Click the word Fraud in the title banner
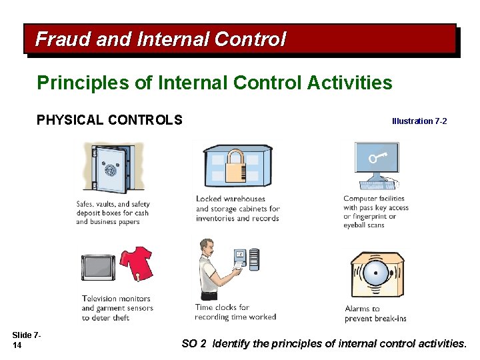(x=63, y=39)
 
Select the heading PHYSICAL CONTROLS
(x=109, y=121)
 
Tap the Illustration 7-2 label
(x=419, y=121)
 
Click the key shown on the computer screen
(x=377, y=159)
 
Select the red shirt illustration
(x=136, y=264)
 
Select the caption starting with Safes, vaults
(x=113, y=213)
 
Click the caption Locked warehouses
(x=237, y=209)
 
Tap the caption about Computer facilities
(x=375, y=212)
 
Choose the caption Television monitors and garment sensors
(x=117, y=308)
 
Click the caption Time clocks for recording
(x=235, y=312)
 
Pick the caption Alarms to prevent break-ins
(x=375, y=313)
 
